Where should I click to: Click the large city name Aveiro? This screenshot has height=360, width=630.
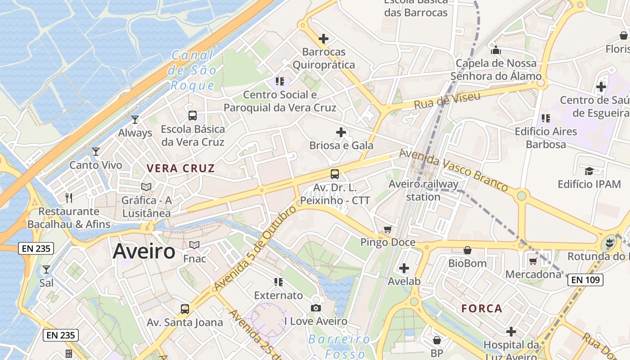point(144,251)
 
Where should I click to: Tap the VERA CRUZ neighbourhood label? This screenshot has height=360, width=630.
point(180,169)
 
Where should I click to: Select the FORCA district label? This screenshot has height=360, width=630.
point(481,309)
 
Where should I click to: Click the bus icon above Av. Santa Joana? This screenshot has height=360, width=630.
point(185,309)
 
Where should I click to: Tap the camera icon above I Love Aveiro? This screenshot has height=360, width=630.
point(316,308)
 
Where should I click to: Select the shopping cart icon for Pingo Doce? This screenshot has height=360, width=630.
point(388,229)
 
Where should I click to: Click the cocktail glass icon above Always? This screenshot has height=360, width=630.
point(135,119)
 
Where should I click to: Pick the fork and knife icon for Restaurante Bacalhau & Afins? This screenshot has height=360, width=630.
point(69,198)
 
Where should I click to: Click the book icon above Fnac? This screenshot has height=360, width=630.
point(194,245)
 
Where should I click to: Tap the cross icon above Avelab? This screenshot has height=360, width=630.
point(404,268)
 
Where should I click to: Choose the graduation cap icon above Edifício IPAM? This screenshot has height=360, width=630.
point(589,171)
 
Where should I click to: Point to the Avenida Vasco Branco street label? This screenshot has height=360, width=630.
point(453,170)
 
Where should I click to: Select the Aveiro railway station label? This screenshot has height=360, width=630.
point(423,190)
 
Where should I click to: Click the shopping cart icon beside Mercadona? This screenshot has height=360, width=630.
point(533,261)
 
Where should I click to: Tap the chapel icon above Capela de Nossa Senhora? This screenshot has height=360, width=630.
point(496,49)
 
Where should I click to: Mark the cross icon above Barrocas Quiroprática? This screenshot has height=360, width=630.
point(323,39)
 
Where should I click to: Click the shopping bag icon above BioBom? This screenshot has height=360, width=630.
point(468,250)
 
